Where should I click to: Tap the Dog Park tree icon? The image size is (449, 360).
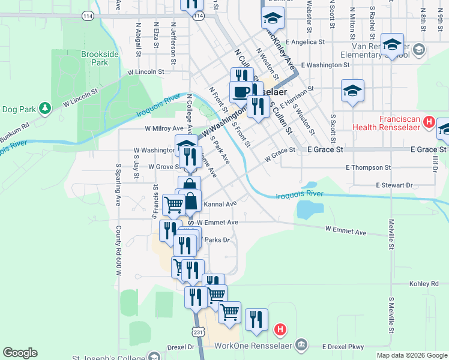pyautogui.click(x=44, y=109)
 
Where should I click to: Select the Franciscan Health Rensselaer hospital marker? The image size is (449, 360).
pyautogui.click(x=429, y=122)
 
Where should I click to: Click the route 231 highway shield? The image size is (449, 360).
pyautogui.click(x=199, y=331)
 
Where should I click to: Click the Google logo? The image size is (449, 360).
pyautogui.click(x=20, y=353)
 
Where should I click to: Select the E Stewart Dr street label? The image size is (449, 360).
pyautogui.click(x=394, y=186)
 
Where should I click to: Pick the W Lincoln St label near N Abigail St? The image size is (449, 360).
pyautogui.click(x=145, y=71)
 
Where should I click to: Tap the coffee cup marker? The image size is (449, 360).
pyautogui.click(x=241, y=92)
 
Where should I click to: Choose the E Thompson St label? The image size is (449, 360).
pyautogui.click(x=368, y=168)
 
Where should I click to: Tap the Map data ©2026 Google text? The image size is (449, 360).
pyautogui.click(x=411, y=355)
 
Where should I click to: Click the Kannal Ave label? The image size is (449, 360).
pyautogui.click(x=220, y=204)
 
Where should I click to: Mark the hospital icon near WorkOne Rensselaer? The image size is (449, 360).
pyautogui.click(x=280, y=329)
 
